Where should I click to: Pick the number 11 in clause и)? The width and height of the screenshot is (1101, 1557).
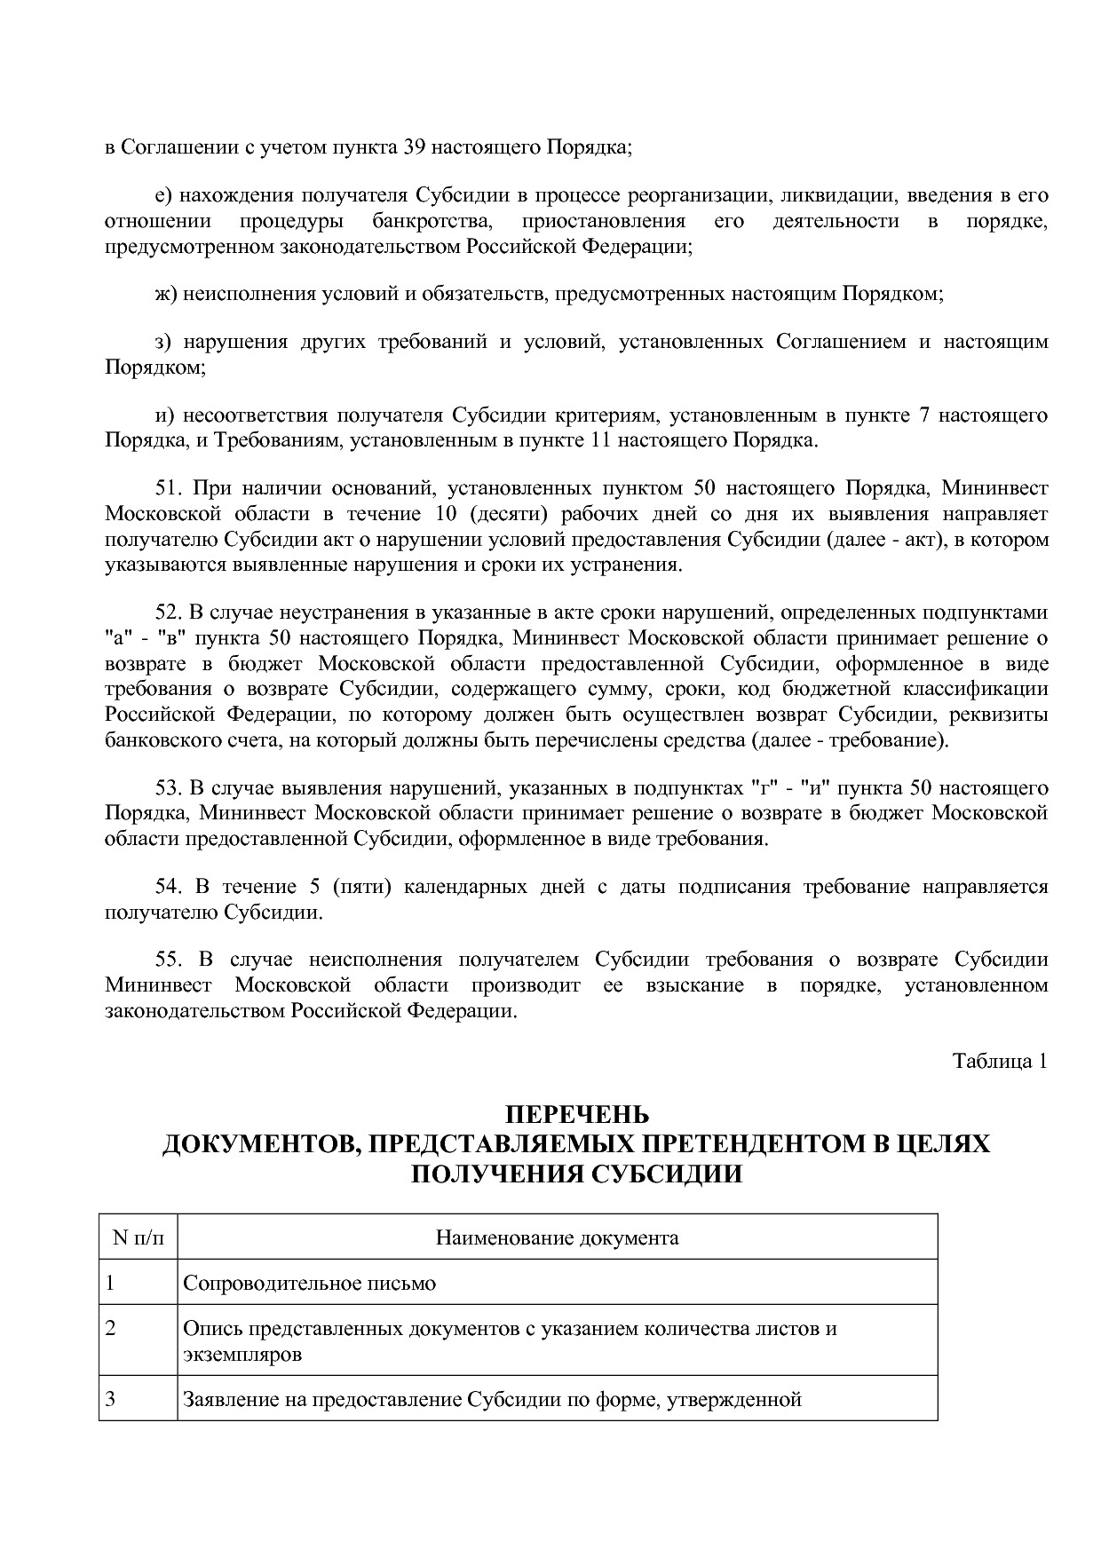600,440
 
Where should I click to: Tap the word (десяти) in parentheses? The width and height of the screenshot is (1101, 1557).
503,514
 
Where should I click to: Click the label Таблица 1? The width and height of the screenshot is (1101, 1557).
1000,1061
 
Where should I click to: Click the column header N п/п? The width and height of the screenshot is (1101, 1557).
139,1237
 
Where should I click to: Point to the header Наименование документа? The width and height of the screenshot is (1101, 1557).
557,1237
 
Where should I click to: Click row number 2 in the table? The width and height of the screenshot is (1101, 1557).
110,1329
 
